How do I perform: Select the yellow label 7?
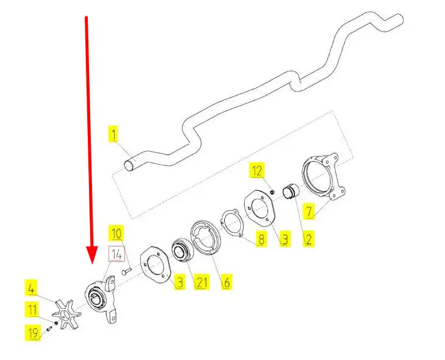pyautogui.click(x=309, y=212)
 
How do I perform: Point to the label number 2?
pyautogui.click(x=309, y=239)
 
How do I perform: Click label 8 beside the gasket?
pyautogui.click(x=261, y=239)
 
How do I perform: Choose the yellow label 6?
pyautogui.click(x=226, y=283)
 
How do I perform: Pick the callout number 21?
pyautogui.click(x=201, y=283)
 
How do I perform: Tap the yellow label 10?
pyautogui.click(x=116, y=232)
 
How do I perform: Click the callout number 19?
pyautogui.click(x=32, y=332)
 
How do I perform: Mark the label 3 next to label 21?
pyautogui.click(x=179, y=283)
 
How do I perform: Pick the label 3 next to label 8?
pyautogui.click(x=284, y=239)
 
